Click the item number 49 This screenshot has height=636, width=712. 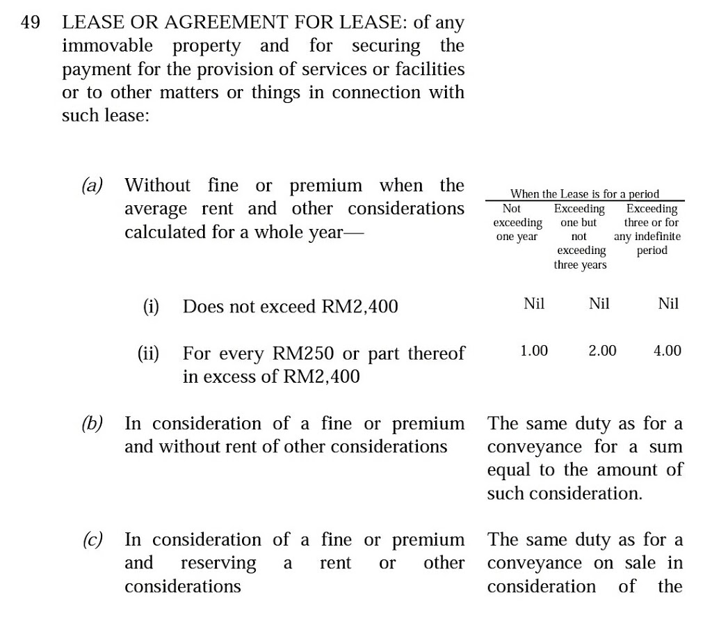click(31, 23)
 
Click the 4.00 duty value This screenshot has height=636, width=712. click(667, 351)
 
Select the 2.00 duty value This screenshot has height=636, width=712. click(602, 351)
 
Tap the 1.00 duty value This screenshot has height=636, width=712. click(534, 351)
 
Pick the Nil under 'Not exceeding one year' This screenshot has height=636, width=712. click(534, 303)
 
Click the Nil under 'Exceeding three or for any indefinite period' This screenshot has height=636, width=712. click(667, 303)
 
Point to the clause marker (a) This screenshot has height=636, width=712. click(92, 186)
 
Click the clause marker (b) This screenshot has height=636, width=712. click(92, 424)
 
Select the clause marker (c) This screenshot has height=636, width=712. click(92, 540)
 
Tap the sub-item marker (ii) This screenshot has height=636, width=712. click(148, 353)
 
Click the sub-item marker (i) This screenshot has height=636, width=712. click(150, 307)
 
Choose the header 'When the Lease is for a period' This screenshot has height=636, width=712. click(584, 194)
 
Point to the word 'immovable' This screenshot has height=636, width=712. click(108, 47)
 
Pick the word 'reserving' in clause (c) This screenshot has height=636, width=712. click(218, 563)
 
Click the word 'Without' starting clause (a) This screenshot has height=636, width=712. click(157, 186)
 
